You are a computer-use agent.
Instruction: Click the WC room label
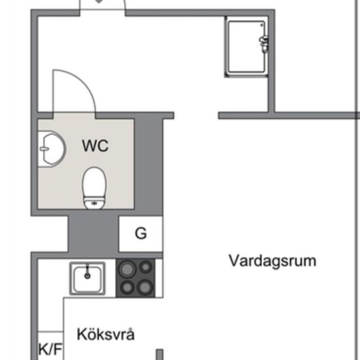pyautogui.click(x=95, y=145)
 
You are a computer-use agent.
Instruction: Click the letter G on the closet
pyautogui.click(x=140, y=233)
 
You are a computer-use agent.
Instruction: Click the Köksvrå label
pyautogui.click(x=106, y=335)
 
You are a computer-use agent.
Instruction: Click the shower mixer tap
pyautogui.click(x=264, y=43)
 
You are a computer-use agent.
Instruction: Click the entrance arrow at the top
pyautogui.click(x=99, y=2)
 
